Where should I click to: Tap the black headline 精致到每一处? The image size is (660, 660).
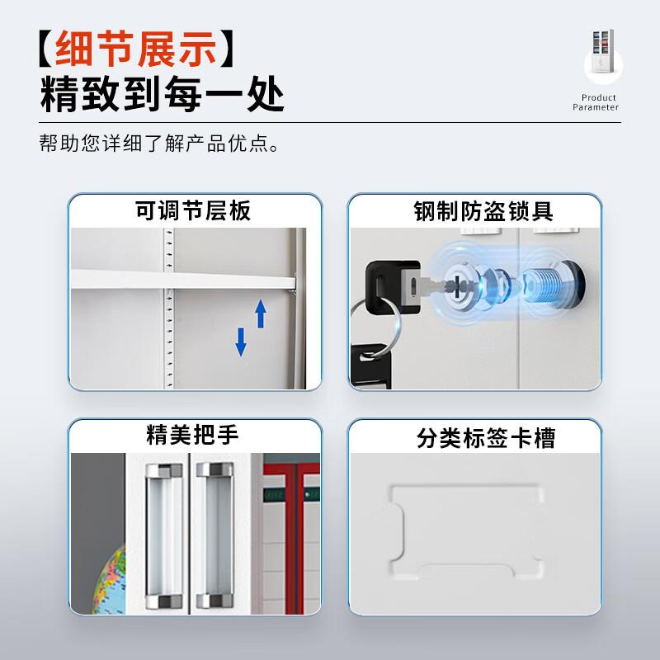click(163, 96)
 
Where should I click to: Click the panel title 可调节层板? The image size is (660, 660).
click(193, 210)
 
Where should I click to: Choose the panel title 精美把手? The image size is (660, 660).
click(194, 436)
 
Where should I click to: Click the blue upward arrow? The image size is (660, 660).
click(261, 313)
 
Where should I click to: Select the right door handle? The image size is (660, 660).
click(214, 536)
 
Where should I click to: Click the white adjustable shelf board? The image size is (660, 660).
click(181, 278)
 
